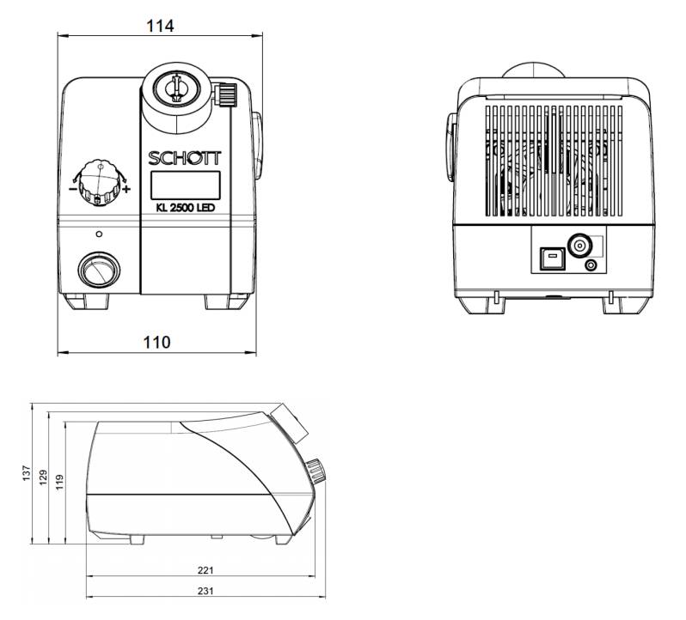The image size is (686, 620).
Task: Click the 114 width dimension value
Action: point(160,27)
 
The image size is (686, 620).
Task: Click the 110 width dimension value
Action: point(157,342)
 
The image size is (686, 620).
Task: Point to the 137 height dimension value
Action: point(27,473)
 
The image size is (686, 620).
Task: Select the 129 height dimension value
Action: point(43,478)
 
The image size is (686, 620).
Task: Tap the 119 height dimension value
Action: point(59,483)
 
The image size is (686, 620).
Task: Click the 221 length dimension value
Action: point(205,570)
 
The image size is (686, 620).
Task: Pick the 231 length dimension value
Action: point(205,591)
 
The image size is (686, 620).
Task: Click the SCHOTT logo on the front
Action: point(185,158)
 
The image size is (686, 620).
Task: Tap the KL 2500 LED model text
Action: point(186,208)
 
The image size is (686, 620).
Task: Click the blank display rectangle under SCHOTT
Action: point(186,185)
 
